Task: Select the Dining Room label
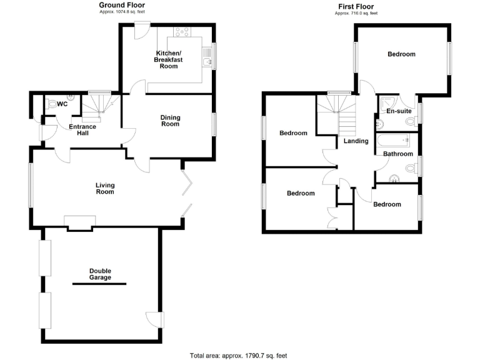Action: [x=170, y=121]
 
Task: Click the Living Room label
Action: [x=105, y=188]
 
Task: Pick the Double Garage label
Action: [x=100, y=274]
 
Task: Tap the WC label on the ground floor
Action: [x=62, y=104]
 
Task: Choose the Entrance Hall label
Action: [x=83, y=130]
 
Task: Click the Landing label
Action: [x=356, y=141]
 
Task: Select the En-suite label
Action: [x=399, y=111]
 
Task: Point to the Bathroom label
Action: [x=397, y=154]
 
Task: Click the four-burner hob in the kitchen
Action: [x=182, y=32]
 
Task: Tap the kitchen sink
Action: [x=207, y=61]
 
